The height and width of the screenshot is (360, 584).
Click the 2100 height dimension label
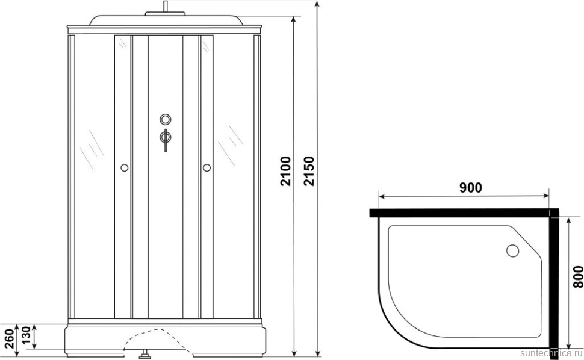285,171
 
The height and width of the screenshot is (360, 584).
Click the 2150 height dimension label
309,171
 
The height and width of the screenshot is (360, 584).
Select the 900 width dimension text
470,188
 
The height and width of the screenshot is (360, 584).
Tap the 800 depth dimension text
577,276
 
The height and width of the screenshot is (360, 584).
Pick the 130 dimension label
25,336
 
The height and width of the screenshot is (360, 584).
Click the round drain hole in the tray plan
512,250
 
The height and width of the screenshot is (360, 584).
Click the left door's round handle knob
125,168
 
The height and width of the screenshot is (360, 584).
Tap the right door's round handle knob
207,168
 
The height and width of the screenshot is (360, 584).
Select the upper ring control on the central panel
166,119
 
